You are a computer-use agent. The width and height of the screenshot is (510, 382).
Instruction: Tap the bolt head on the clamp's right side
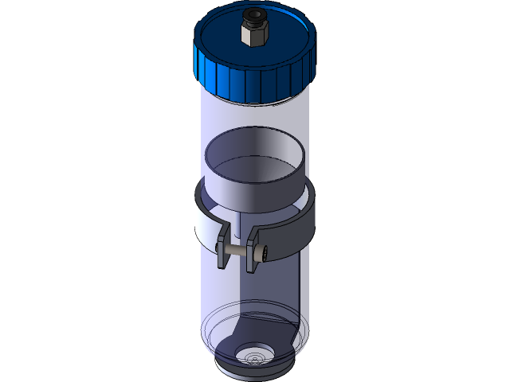(x=261, y=252)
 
